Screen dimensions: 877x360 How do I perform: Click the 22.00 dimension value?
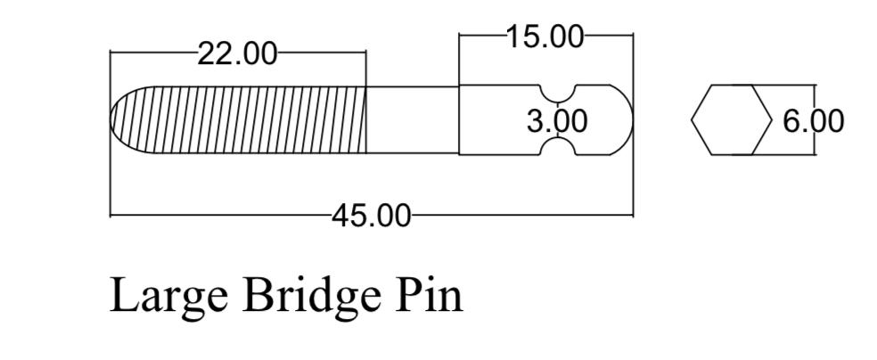tap(237, 54)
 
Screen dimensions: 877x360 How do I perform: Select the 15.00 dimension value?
tap(545, 37)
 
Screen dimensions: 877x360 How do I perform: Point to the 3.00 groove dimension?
tap(557, 121)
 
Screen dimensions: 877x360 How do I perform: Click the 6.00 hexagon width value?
tap(813, 121)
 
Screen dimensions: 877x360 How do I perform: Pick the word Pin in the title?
tap(429, 295)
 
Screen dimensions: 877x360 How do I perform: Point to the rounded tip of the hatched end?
tap(111, 119)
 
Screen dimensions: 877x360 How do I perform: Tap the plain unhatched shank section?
tap(413, 119)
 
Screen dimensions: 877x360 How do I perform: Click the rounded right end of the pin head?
tap(632, 119)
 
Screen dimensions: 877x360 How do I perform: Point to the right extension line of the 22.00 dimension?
tap(365, 69)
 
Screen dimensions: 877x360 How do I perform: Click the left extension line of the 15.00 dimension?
tap(459, 59)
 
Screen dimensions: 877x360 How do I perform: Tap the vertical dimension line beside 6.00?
tap(815, 119)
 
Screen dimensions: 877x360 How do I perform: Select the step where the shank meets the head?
tap(459, 119)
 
